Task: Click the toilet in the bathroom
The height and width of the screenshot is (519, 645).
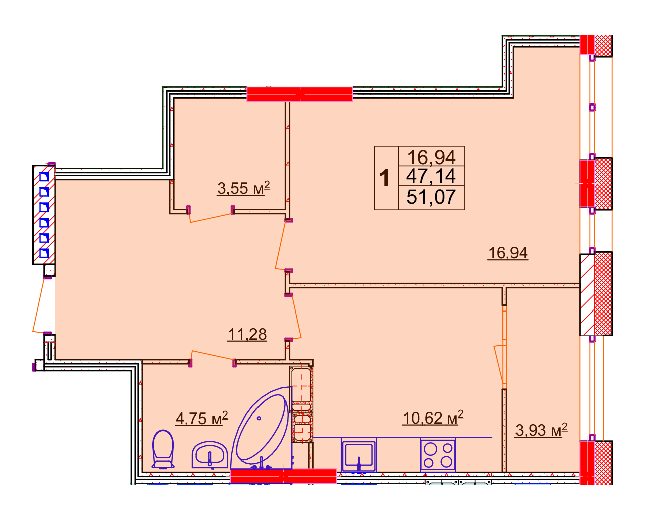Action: point(163,449)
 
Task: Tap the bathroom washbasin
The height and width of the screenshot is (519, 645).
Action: point(210,455)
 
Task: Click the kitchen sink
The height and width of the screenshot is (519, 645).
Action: point(359,455)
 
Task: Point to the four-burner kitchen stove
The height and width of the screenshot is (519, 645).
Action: point(438,455)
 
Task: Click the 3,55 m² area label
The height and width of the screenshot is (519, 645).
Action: point(243,188)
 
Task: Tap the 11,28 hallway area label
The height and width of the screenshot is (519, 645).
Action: point(247,334)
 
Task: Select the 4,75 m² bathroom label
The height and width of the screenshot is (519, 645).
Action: point(202,418)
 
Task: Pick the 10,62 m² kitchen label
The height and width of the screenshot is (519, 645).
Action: point(433,418)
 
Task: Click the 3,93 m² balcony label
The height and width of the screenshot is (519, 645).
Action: point(541,430)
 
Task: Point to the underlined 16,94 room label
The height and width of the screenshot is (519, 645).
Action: point(508,253)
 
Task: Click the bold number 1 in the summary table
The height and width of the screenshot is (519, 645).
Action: point(384,178)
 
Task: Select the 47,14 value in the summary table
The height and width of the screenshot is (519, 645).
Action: point(431,176)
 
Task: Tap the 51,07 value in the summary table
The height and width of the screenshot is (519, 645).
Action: point(431,197)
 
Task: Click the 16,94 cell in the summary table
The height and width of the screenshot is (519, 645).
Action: point(431,157)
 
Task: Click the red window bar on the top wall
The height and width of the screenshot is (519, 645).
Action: point(300,94)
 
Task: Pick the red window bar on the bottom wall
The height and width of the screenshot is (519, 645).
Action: point(283,476)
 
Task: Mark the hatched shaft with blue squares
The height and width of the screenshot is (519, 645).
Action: point(44,215)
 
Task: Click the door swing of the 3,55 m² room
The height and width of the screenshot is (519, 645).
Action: point(211,217)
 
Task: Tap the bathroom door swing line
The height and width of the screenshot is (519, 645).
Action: point(212,355)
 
